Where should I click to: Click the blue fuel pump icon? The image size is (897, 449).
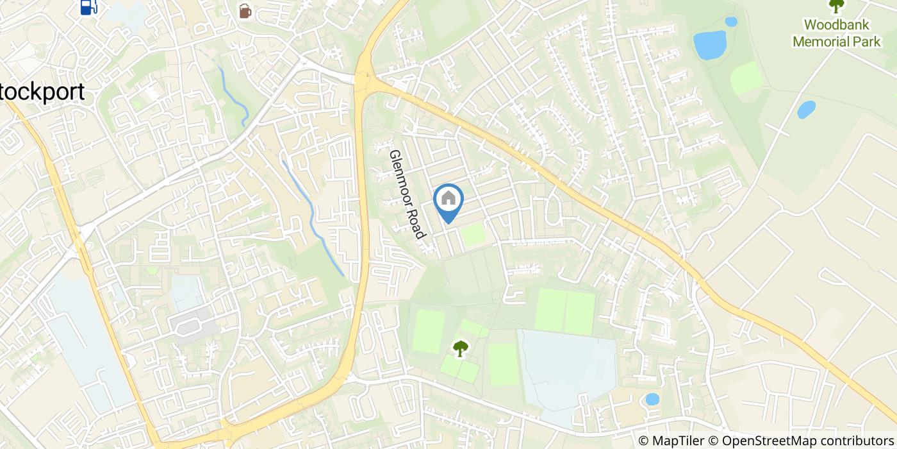(x=88, y=6)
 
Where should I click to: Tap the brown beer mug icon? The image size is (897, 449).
(x=244, y=11)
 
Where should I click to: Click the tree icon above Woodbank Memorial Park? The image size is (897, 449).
(x=835, y=5)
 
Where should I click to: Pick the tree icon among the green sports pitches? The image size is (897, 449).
(x=460, y=348)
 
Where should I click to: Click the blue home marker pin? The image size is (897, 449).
(x=448, y=201)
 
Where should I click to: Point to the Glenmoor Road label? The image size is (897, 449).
(x=407, y=194)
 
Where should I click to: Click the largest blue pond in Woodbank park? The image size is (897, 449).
(x=709, y=45)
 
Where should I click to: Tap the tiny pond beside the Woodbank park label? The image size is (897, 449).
(x=730, y=22)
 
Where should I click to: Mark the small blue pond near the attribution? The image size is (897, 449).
(x=652, y=399)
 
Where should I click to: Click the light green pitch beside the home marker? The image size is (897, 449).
(x=473, y=235)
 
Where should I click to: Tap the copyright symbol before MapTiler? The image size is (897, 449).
(x=643, y=441)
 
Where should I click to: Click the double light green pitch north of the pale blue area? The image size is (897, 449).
(x=565, y=311)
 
